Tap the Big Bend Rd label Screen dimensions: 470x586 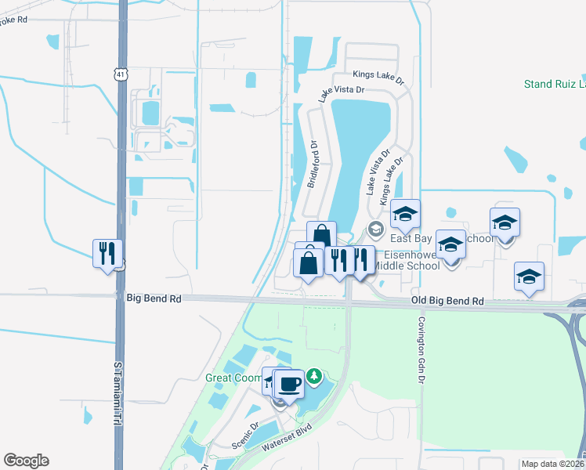[x=154, y=298]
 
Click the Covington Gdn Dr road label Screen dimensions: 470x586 [x=421, y=349]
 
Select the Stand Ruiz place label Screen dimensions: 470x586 [x=554, y=84]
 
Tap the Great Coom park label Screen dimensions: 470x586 [x=233, y=378]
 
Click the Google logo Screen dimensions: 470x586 [x=26, y=461]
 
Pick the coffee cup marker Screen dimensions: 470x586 [x=289, y=385]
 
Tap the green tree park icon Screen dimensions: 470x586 [x=314, y=377]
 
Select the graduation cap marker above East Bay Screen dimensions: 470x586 [x=405, y=214]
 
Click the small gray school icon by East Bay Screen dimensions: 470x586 [x=375, y=229]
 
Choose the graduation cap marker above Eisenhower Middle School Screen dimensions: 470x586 [x=451, y=246]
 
